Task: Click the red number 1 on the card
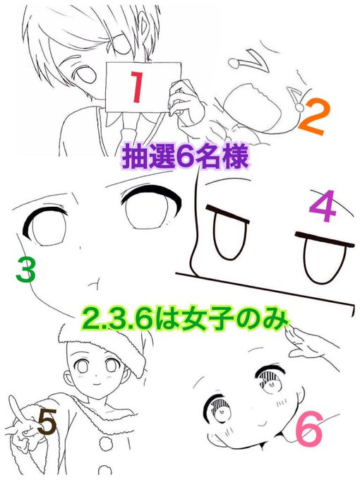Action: [x=136, y=87]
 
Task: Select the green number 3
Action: [x=26, y=270]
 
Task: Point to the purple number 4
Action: [x=322, y=205]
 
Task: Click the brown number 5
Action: [x=47, y=422]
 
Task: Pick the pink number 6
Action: [x=309, y=428]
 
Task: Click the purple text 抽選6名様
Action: [x=185, y=157]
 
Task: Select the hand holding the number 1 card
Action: [x=183, y=99]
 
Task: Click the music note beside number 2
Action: [x=296, y=99]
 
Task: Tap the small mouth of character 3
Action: [x=94, y=283]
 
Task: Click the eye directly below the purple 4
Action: [x=325, y=258]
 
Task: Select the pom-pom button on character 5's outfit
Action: [x=106, y=443]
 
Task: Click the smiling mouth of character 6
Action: [x=263, y=422]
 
